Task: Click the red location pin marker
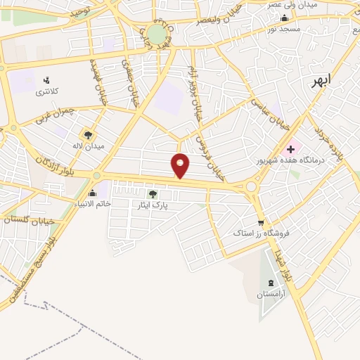[x=181, y=165]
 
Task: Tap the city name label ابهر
[x=321, y=81]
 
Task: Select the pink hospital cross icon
[x=290, y=148]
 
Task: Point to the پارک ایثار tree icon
[x=153, y=194]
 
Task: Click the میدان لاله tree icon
[x=88, y=135]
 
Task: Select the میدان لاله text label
[x=90, y=146]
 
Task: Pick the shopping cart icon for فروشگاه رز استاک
[x=262, y=221]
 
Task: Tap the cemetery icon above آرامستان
[x=268, y=283]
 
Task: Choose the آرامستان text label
[x=268, y=294]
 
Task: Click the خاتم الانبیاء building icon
[x=92, y=193]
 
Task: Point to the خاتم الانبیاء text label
[x=88, y=205]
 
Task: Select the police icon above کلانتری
[x=46, y=79]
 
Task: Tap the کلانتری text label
[x=46, y=92]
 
